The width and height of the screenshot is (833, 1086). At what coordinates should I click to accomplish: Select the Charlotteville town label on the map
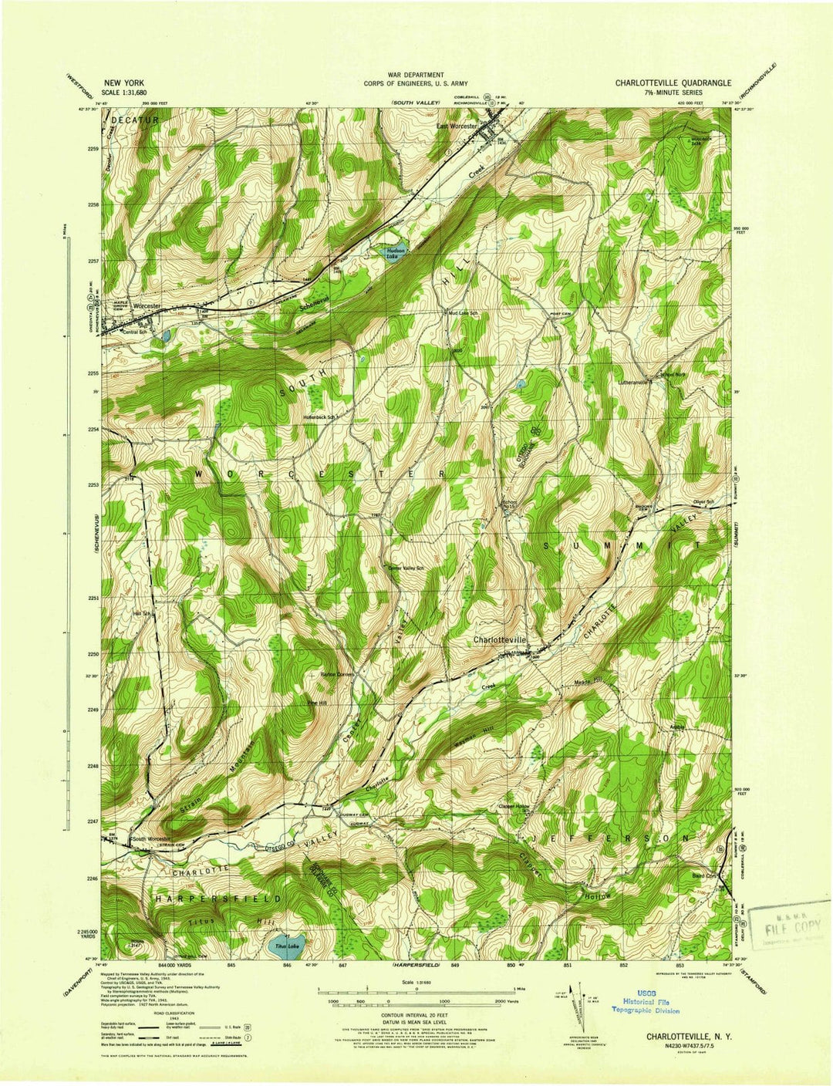[x=500, y=640]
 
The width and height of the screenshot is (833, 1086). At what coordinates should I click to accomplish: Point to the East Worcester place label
[x=458, y=126]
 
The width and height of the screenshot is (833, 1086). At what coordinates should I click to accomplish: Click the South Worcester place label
[x=150, y=838]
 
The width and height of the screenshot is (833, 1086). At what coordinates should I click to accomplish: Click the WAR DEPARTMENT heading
[x=416, y=75]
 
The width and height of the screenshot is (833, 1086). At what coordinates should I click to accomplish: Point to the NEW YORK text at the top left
[x=124, y=82]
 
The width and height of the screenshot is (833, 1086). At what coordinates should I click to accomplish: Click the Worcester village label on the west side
[x=147, y=305]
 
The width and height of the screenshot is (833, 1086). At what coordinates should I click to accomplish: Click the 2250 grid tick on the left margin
[x=93, y=654]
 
